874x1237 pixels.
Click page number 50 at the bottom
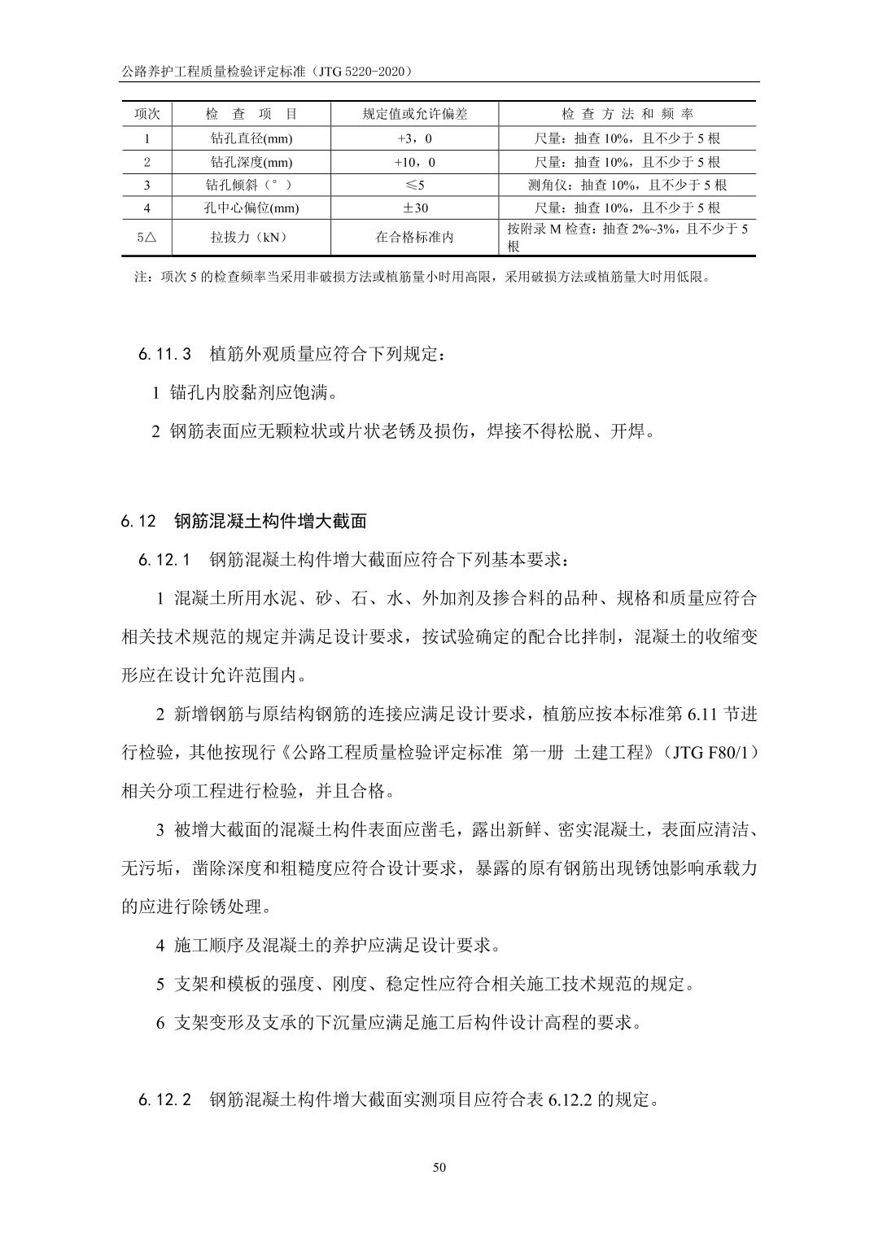click(439, 1168)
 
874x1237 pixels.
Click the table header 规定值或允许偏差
click(415, 115)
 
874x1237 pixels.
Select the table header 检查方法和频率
click(627, 115)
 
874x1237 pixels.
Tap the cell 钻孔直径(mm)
click(251, 138)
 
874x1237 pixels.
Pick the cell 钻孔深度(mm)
click(251, 162)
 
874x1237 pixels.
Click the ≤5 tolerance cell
click(415, 185)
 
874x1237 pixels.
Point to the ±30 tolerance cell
click(415, 208)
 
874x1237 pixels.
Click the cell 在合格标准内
click(415, 238)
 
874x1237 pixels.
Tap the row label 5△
click(147, 238)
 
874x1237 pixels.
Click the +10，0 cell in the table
click(415, 162)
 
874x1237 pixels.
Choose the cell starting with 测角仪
click(627, 185)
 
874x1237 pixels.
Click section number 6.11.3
click(164, 355)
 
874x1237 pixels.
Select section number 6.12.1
click(164, 560)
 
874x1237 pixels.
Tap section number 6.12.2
click(164, 1100)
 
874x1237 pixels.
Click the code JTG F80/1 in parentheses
click(711, 753)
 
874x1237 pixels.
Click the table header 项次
click(147, 115)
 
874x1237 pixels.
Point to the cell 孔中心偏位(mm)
click(251, 208)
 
